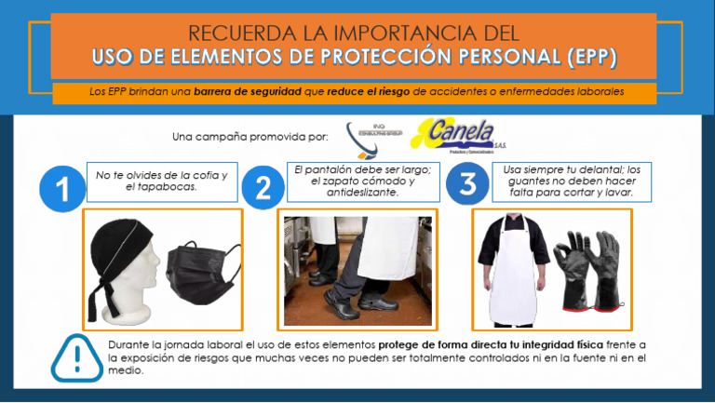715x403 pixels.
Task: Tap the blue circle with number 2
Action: click(x=263, y=189)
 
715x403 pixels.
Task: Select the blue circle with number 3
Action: click(x=467, y=185)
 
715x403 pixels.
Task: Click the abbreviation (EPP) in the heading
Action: click(x=590, y=58)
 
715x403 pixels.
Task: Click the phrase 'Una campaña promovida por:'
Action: click(x=250, y=137)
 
